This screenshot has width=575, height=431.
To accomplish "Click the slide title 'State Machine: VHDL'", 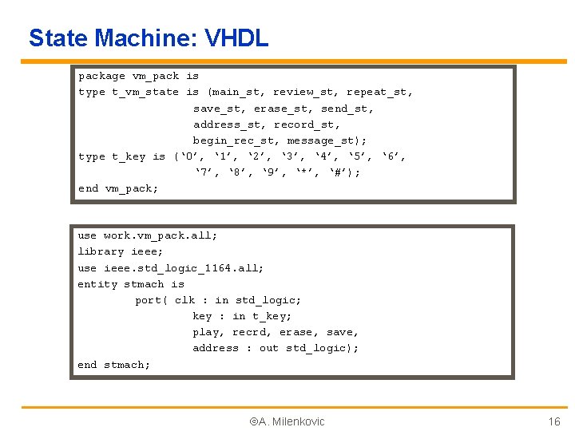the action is click(x=149, y=38).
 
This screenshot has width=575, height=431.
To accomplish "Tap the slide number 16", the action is click(x=553, y=421).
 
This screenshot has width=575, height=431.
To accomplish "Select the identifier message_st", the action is click(x=323, y=140).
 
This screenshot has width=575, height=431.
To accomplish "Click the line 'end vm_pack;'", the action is click(x=118, y=189).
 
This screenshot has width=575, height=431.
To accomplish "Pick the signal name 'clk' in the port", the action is click(x=184, y=300).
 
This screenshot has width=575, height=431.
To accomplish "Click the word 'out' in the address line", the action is click(x=269, y=348).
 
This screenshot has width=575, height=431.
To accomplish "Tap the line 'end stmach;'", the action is click(x=113, y=365).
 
